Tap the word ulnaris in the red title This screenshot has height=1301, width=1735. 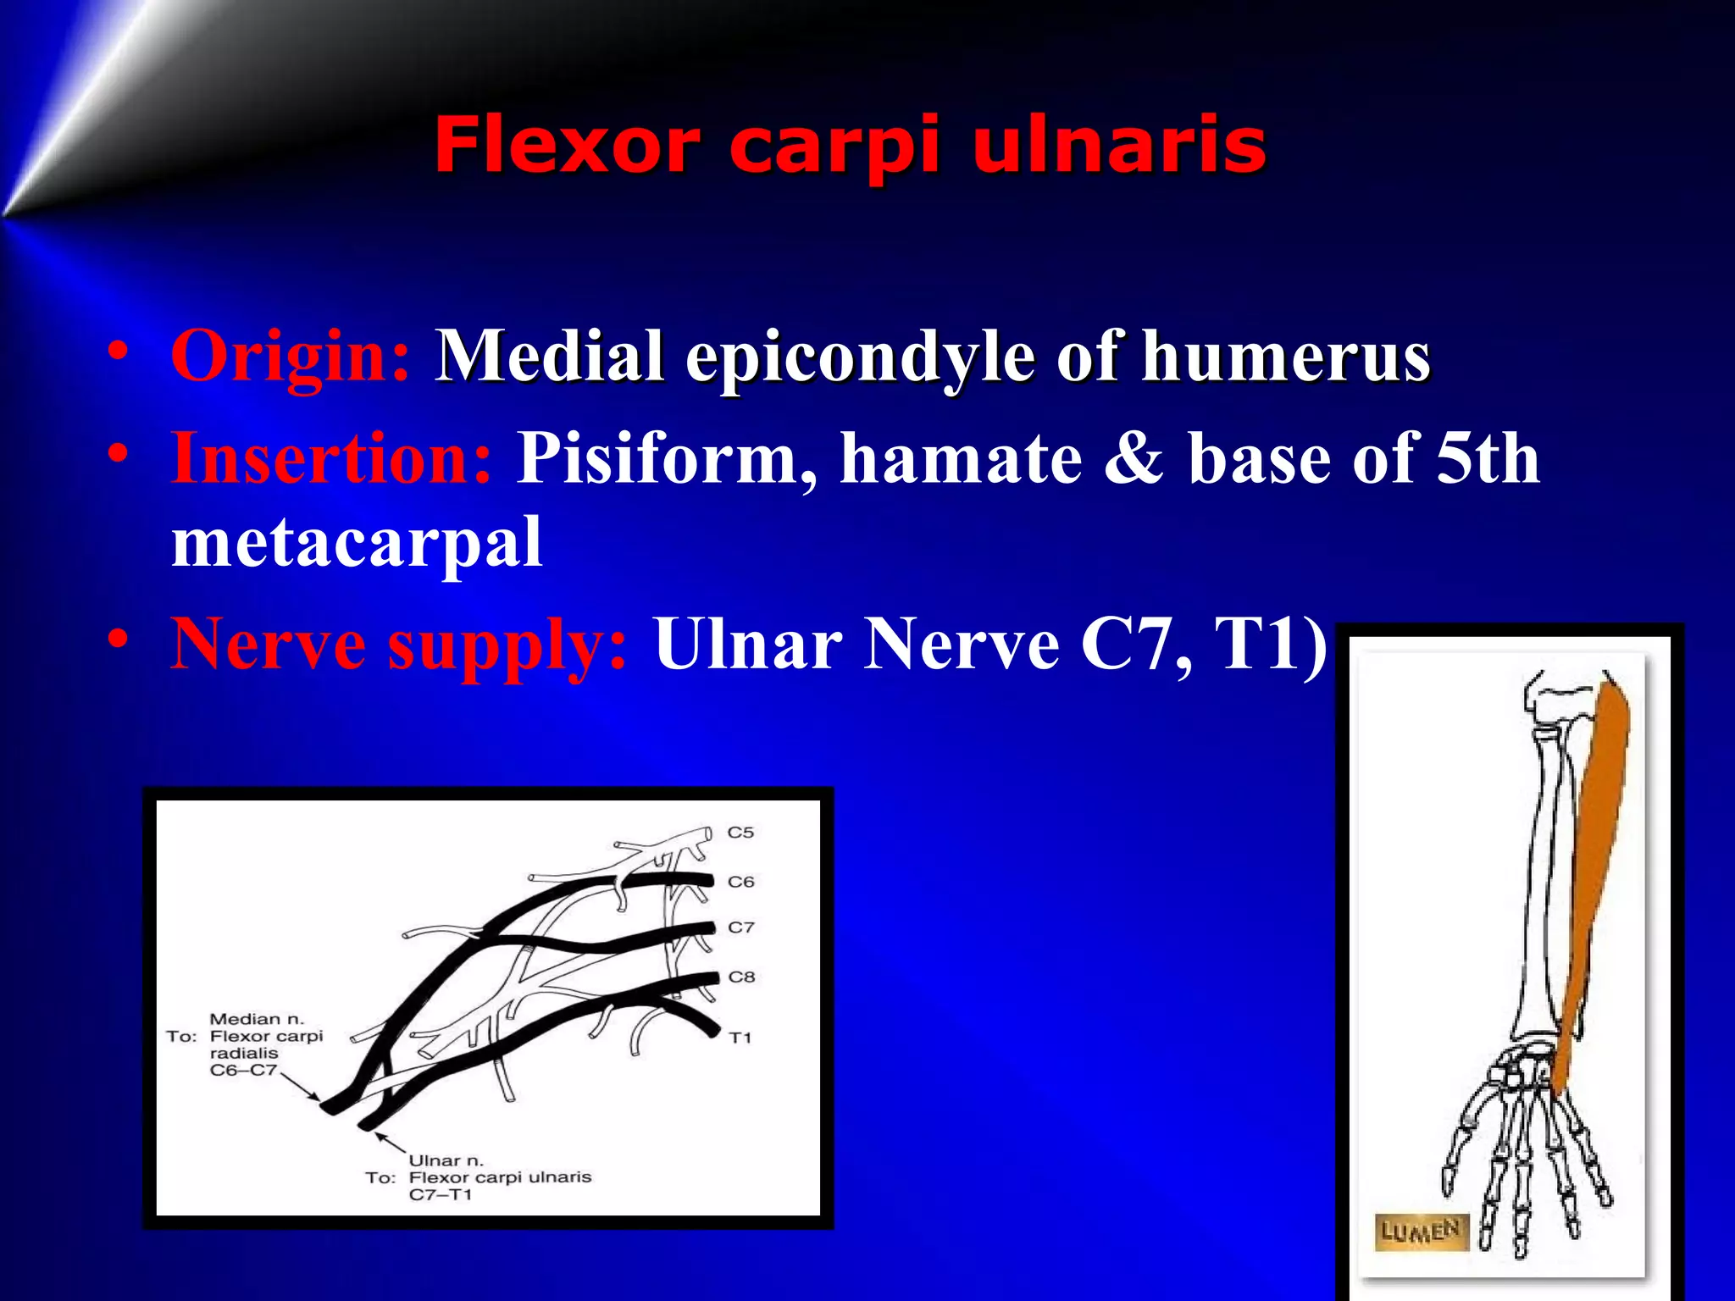(x=1118, y=146)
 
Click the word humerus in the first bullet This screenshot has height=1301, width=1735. (x=1286, y=357)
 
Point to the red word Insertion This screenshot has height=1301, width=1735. (x=330, y=458)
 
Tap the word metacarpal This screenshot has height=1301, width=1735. (x=357, y=543)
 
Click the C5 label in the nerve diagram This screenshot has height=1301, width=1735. (x=740, y=833)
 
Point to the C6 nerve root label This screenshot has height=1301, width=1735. (x=740, y=882)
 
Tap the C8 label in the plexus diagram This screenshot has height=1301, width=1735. (x=741, y=977)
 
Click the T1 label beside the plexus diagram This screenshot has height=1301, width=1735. (x=740, y=1038)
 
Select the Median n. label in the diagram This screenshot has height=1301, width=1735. (x=256, y=1019)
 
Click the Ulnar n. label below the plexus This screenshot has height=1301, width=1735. (x=446, y=1160)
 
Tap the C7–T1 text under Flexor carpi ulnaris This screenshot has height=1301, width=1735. (x=440, y=1195)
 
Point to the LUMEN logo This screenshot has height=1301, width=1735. (x=1421, y=1231)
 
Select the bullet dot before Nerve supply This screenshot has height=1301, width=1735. (x=119, y=637)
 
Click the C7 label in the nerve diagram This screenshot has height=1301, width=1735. (x=740, y=927)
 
